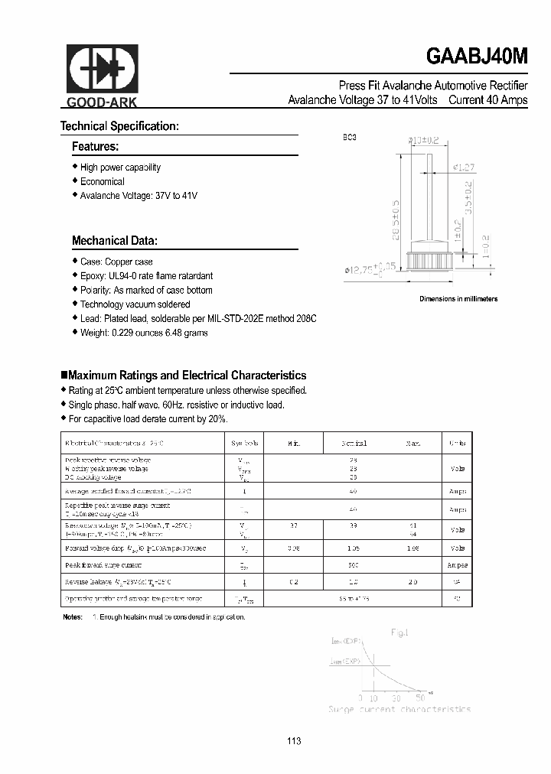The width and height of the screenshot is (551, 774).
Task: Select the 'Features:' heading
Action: (95, 146)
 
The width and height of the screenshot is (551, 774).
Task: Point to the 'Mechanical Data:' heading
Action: (115, 241)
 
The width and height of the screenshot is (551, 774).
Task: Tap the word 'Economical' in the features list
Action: (102, 182)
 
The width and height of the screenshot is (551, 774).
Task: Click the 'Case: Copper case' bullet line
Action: (116, 262)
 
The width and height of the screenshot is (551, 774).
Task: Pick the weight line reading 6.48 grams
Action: (144, 333)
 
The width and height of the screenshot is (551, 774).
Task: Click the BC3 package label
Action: (349, 138)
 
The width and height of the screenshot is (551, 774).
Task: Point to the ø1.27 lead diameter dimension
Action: (465, 167)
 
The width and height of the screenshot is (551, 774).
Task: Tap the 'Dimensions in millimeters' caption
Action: (458, 299)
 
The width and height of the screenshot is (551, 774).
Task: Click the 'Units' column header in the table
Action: (458, 443)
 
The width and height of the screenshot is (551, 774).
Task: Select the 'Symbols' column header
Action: (245, 443)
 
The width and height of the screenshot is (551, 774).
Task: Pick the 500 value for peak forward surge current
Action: (354, 564)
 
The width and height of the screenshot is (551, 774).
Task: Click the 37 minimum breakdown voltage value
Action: (294, 526)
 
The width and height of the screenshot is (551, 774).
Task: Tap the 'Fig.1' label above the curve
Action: (399, 633)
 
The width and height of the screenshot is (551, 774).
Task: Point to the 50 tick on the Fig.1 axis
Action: (420, 698)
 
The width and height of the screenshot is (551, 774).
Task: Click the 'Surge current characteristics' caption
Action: (399, 709)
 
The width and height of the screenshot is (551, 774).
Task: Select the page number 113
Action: (295, 741)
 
